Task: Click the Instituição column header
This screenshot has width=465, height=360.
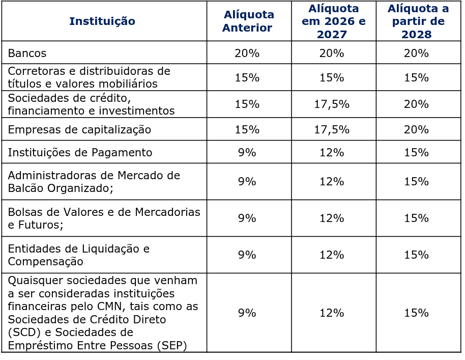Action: pyautogui.click(x=102, y=21)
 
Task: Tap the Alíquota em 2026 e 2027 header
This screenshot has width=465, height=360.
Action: pyautogui.click(x=333, y=21)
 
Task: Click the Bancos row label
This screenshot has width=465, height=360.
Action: pyautogui.click(x=27, y=53)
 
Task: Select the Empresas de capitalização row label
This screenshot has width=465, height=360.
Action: pyautogui.click(x=79, y=129)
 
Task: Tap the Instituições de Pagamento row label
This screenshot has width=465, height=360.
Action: pyautogui.click(x=80, y=152)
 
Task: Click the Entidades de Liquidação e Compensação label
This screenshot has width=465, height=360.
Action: pyautogui.click(x=78, y=255)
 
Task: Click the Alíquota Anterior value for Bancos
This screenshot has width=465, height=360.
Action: pyautogui.click(x=247, y=53)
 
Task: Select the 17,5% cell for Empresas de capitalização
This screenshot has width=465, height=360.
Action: pyautogui.click(x=332, y=129)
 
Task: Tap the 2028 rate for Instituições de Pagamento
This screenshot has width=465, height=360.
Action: pyautogui.click(x=416, y=152)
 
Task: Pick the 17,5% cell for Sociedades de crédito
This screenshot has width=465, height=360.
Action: pyautogui.click(x=332, y=104)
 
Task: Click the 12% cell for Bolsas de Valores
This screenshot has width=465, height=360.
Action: pyautogui.click(x=332, y=218)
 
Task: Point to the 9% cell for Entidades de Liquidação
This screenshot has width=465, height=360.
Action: pyautogui.click(x=247, y=255)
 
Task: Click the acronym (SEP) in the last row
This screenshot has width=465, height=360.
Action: pyautogui.click(x=172, y=345)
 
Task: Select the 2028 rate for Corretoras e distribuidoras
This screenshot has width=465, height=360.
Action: pyautogui.click(x=416, y=77)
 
